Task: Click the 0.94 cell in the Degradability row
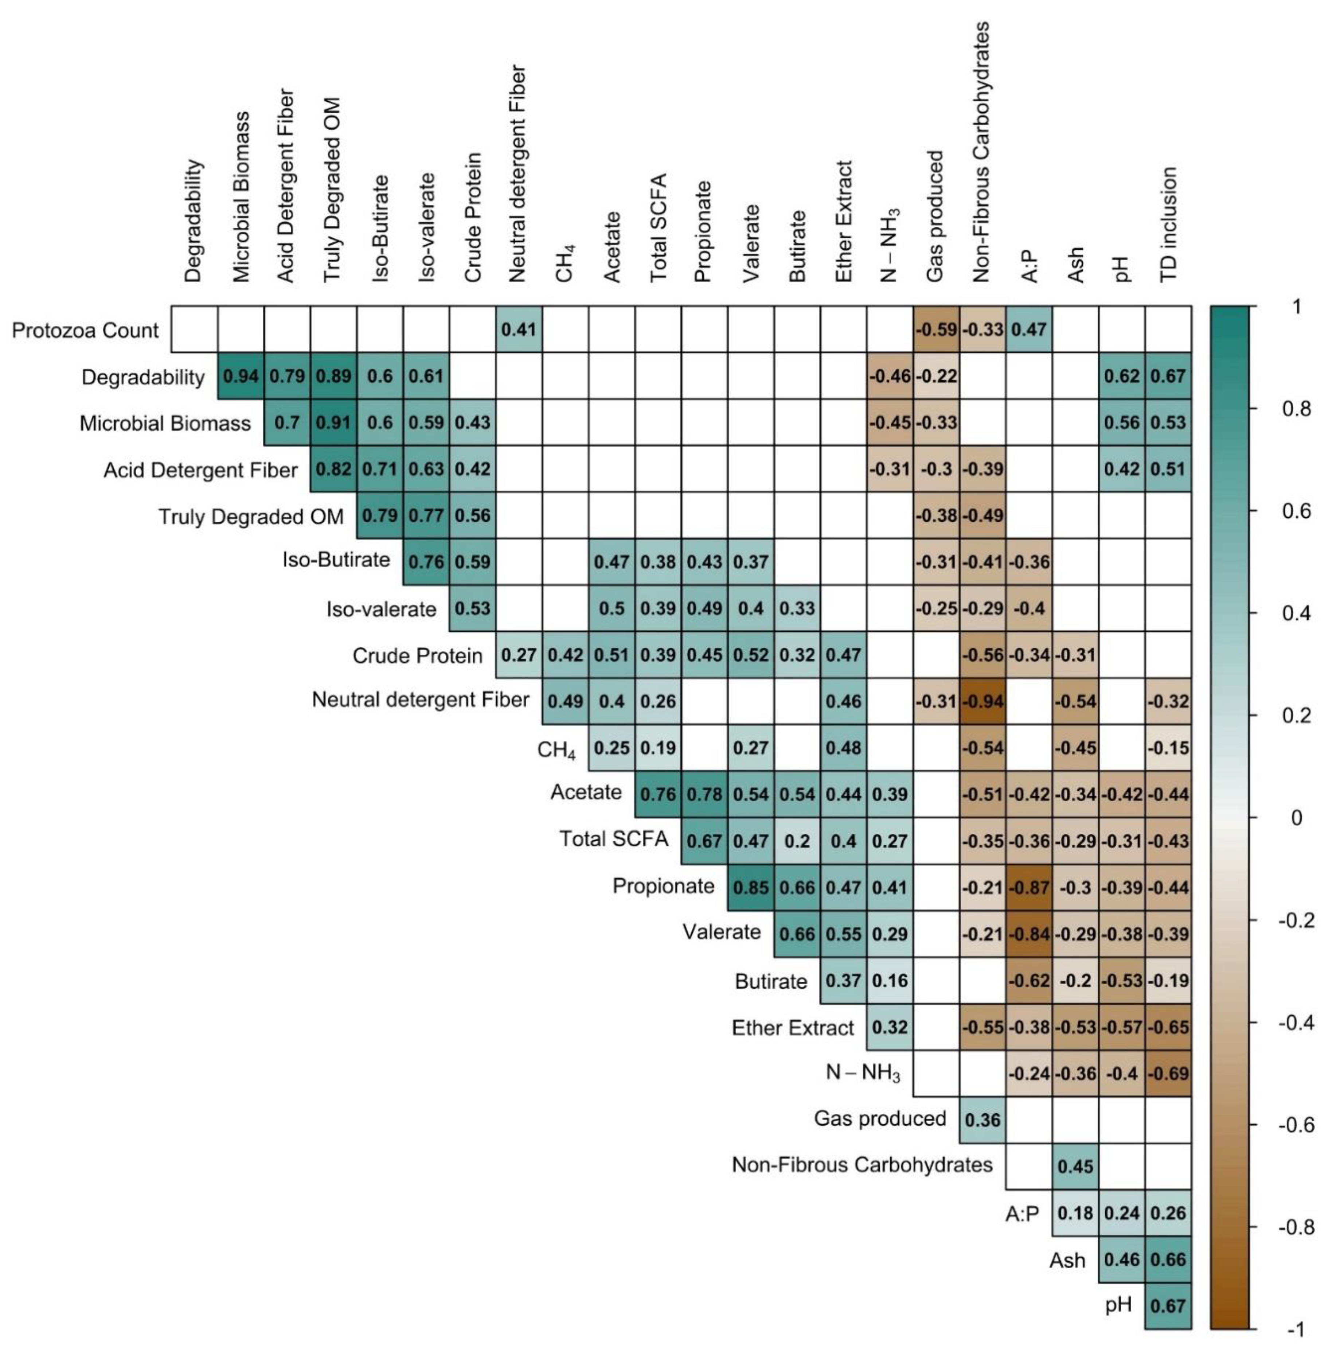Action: pos(241,376)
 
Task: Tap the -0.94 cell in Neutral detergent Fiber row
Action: pos(982,701)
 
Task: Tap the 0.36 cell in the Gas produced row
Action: pos(982,1120)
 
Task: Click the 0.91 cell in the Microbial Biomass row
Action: pos(333,422)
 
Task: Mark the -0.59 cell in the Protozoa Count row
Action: pos(936,329)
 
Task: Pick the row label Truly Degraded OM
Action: pos(251,516)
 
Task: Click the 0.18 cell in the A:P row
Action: pos(1075,1212)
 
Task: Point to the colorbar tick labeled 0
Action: pos(1296,818)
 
